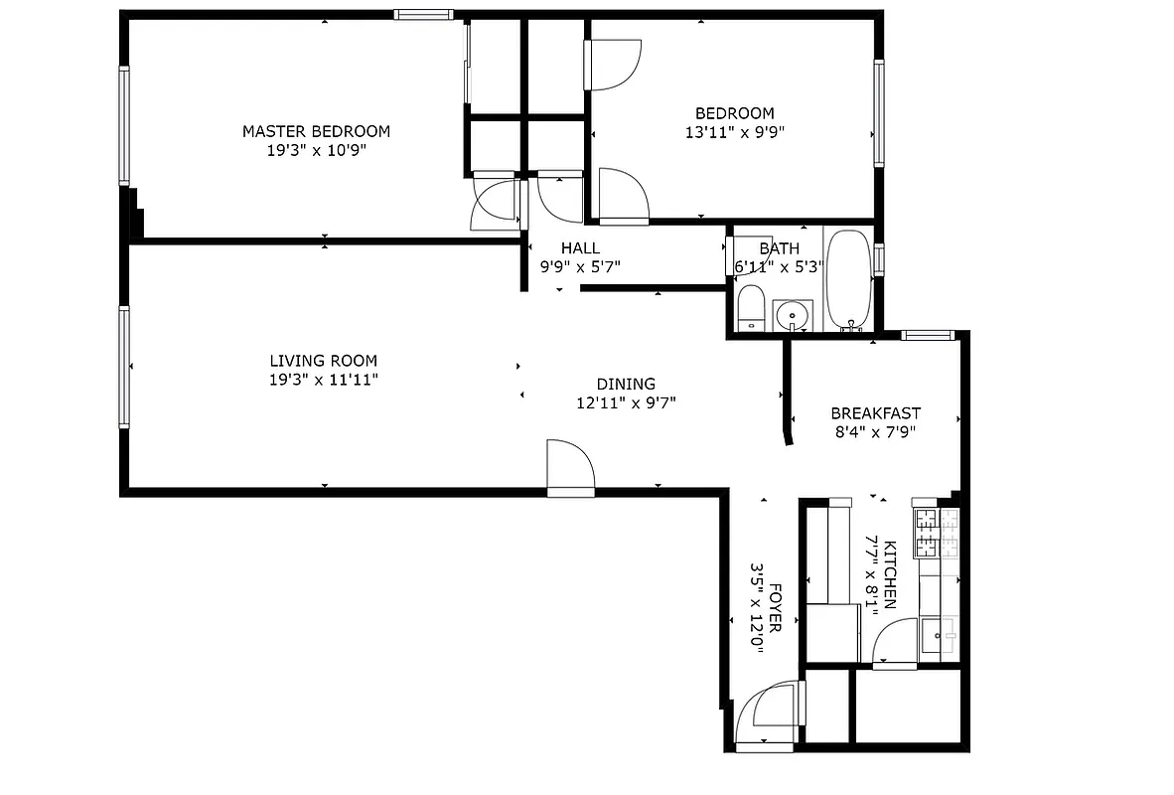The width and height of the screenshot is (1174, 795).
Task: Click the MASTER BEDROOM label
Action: click(x=316, y=131)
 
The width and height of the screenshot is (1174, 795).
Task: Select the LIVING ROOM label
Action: click(x=323, y=361)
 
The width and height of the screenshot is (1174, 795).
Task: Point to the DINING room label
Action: click(x=626, y=384)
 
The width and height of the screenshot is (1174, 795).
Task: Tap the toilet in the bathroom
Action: click(x=751, y=307)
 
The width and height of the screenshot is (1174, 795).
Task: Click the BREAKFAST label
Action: click(x=875, y=413)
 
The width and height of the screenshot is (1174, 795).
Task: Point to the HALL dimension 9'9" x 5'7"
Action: click(x=580, y=266)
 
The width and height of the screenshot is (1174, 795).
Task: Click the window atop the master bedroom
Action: click(x=424, y=14)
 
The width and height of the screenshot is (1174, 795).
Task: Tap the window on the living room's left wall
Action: click(x=124, y=367)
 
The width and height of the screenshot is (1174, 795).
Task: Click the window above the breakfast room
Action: click(x=928, y=336)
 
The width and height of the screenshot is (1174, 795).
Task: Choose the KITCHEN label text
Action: click(x=890, y=574)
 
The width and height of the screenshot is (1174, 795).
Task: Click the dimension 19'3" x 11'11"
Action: click(x=323, y=380)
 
